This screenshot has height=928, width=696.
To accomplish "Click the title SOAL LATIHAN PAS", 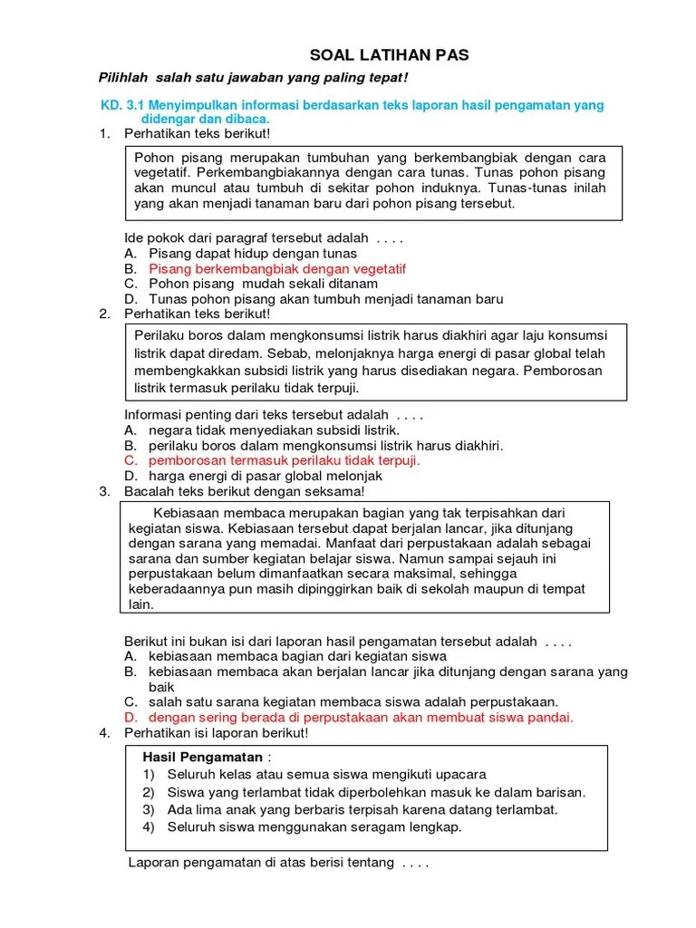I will [391, 56].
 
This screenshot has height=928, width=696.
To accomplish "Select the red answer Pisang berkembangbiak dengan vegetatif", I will [277, 269].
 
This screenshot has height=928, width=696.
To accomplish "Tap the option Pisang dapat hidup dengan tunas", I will [253, 254].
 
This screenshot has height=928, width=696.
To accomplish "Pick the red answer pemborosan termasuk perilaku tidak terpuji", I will [285, 460].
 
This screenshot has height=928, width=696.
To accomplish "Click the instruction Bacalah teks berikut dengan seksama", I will [244, 491].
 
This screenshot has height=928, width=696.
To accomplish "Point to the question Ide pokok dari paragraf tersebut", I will [263, 238].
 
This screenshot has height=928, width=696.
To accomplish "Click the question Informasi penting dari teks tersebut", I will [273, 415].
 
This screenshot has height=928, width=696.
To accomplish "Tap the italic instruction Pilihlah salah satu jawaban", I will [253, 80].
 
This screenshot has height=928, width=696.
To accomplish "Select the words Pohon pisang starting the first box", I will [172, 157].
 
